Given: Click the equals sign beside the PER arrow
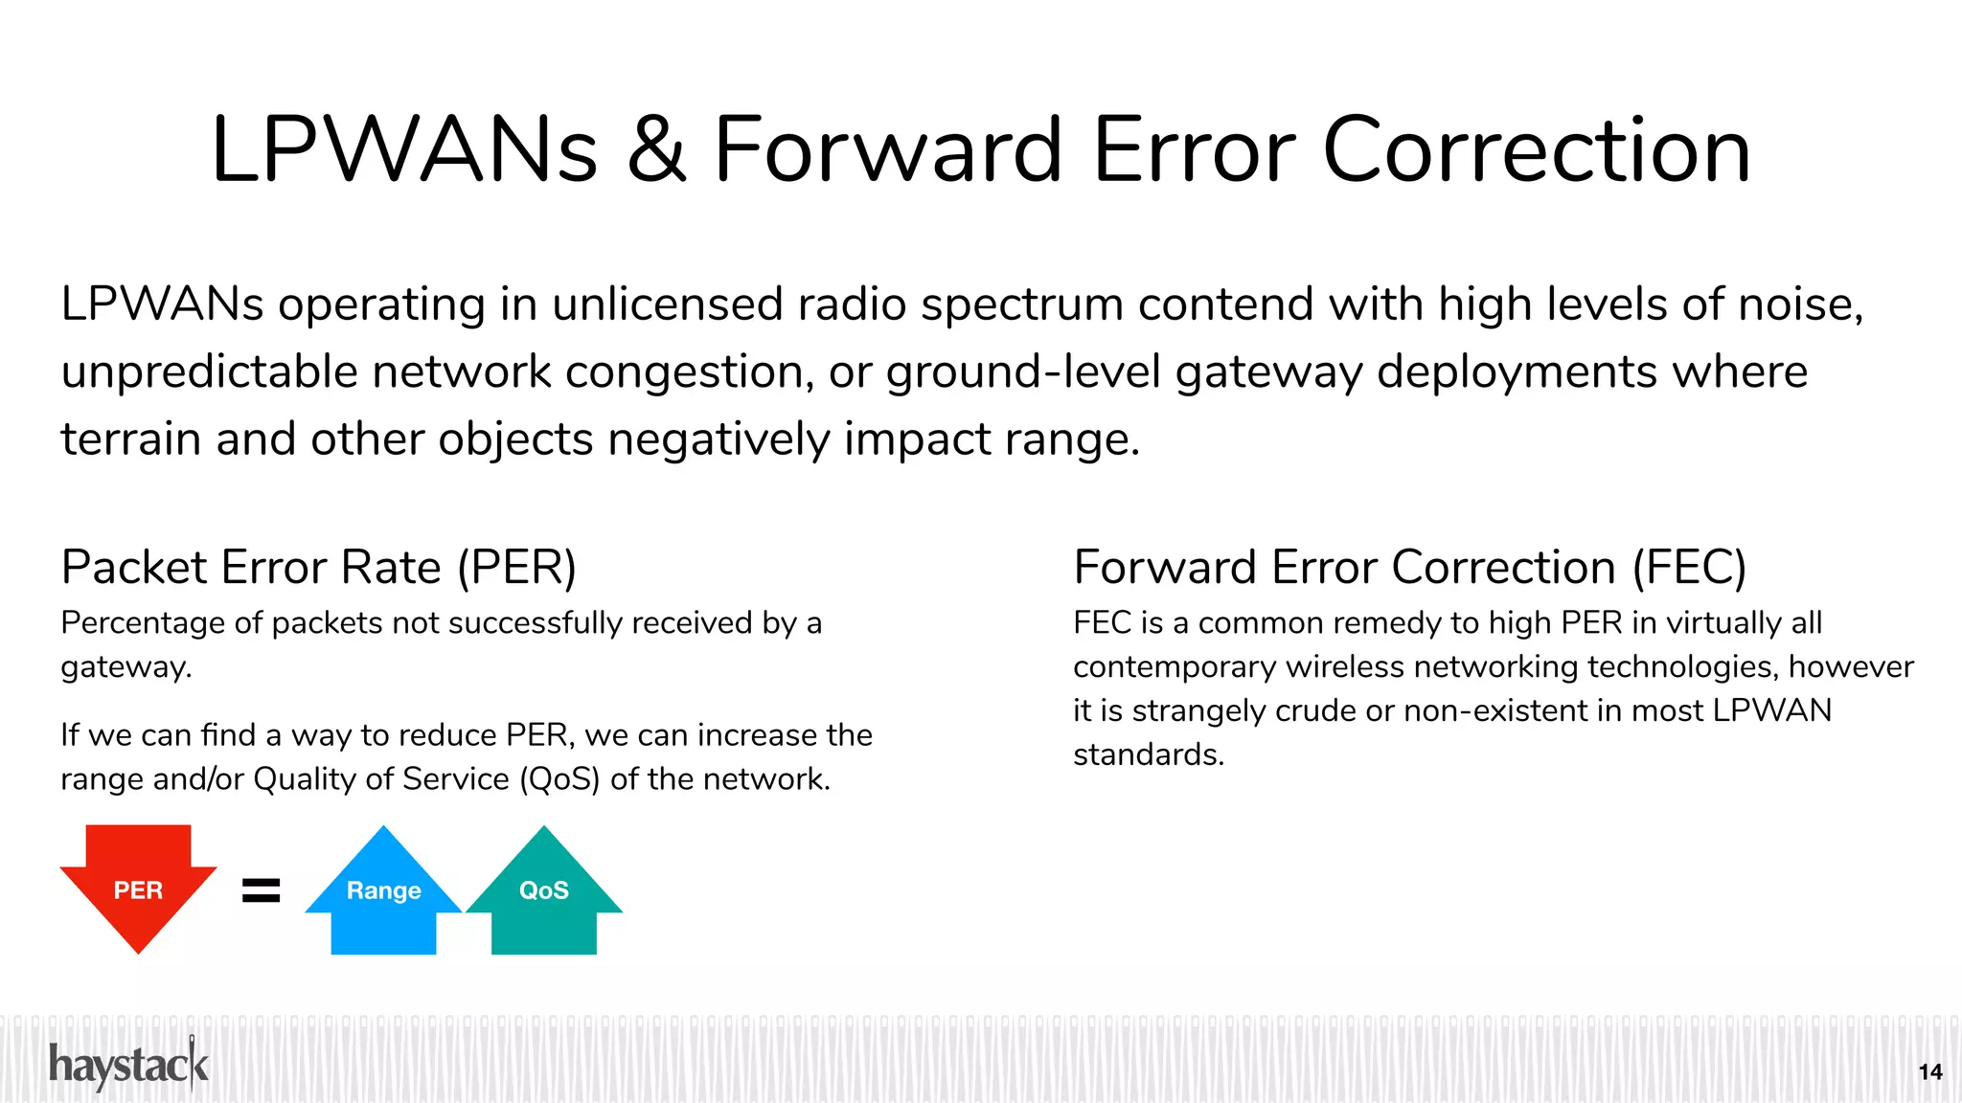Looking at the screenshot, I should (261, 890).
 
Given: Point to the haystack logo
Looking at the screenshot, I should (128, 1065).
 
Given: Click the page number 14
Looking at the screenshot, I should (1930, 1072).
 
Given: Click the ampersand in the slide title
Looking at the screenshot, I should (656, 150).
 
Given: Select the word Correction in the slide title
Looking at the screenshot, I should (1537, 150).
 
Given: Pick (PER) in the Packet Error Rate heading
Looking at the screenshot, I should (516, 567).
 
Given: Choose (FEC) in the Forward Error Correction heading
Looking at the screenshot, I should (1689, 567).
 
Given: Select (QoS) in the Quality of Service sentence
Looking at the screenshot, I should (559, 779).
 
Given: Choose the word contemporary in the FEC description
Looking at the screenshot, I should (1175, 667).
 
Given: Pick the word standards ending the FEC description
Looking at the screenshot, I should (1148, 755).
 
